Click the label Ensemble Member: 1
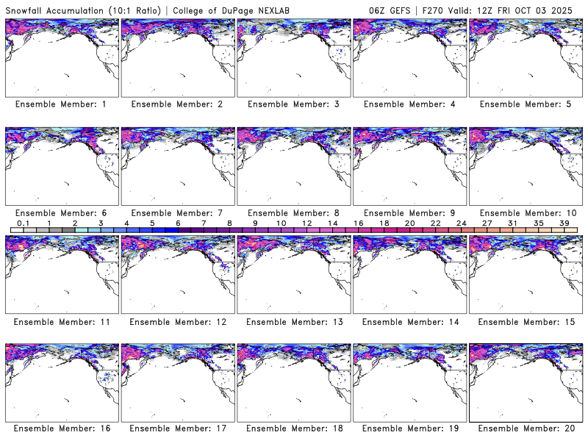61,104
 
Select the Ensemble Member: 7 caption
177,212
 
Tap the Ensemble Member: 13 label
293,321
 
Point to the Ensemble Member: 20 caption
526,429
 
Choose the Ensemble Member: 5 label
525,104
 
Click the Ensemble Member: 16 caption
61,429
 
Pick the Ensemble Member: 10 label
526,212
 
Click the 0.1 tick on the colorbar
23,223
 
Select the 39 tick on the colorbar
563,223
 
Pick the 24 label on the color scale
461,223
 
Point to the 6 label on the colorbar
178,223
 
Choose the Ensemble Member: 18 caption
293,429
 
